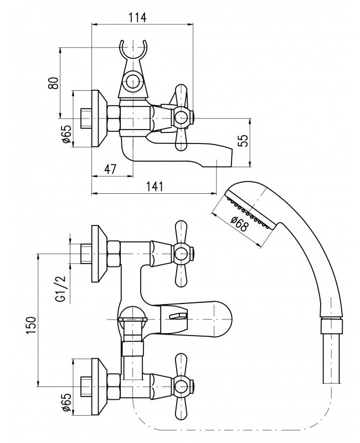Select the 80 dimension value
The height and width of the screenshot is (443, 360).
click(54, 83)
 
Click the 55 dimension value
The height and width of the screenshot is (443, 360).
click(243, 141)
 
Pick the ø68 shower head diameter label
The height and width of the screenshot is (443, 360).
click(239, 222)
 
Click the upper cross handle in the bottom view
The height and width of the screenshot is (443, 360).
click(182, 254)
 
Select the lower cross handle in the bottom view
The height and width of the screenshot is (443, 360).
click(182, 384)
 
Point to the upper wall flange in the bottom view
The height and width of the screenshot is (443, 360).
click(98, 254)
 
